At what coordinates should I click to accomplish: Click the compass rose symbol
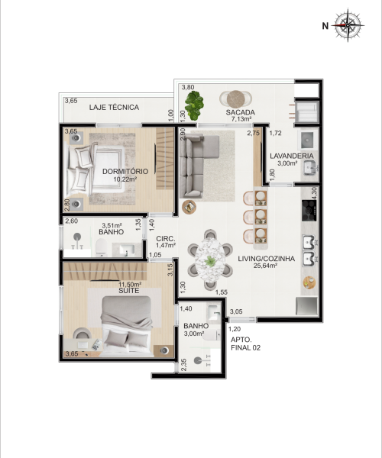pos(348,25)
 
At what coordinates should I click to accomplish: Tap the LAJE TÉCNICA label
pos(114,107)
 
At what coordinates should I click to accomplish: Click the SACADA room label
pos(240,112)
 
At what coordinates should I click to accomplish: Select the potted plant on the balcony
pos(194,105)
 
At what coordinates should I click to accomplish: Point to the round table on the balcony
pos(235,98)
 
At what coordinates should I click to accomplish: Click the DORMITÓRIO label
pos(125,172)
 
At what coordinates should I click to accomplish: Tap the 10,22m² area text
pos(125,179)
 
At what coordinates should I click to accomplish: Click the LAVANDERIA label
pos(291,156)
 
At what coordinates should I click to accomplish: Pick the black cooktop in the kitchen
pos(309,211)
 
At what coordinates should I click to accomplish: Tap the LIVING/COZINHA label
pos(266,259)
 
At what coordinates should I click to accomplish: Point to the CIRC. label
pos(166,239)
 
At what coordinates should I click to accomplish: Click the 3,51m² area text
pos(112,225)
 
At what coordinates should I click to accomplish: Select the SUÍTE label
pos(128,291)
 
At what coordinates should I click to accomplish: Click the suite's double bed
pos(127,326)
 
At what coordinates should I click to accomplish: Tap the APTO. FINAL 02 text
pos(245,343)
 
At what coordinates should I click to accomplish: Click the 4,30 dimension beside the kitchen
pos(314,193)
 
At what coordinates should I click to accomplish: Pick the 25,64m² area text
pos(265,266)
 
